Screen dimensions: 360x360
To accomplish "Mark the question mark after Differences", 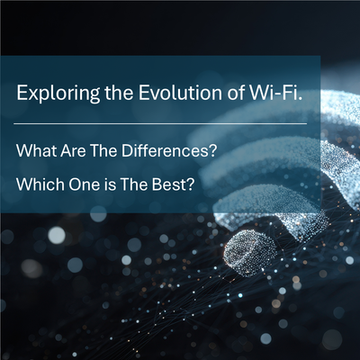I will tap(212, 149).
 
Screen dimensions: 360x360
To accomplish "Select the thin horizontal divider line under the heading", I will tap(162, 123).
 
